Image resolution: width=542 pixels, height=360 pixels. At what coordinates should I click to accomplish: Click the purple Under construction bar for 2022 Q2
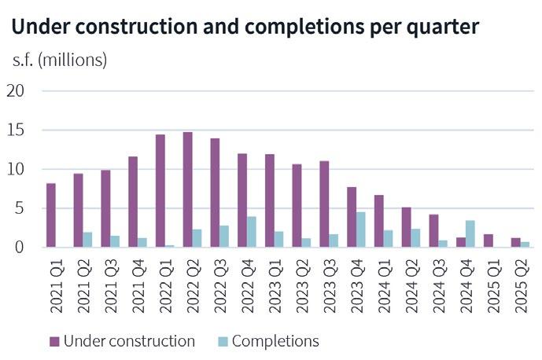point(187,189)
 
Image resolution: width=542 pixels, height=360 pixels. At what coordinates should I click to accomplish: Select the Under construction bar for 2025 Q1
point(488,241)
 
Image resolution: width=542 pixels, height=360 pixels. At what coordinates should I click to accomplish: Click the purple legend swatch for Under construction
point(54,341)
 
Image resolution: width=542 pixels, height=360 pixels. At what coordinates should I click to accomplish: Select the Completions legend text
point(275,341)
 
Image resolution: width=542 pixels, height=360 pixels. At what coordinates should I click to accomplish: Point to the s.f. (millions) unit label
point(59,60)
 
